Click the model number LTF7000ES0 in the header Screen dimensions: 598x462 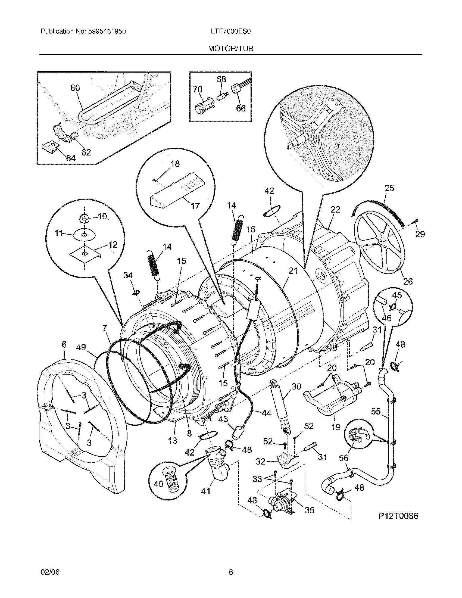coord(231,32)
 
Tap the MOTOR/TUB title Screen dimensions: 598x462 coord(231,49)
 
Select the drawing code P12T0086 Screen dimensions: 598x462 coord(398,516)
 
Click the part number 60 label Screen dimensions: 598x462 coord(75,88)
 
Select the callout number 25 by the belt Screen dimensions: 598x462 coord(389,188)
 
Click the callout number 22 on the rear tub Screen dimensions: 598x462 coord(335,210)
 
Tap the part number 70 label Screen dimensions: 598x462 coord(198,89)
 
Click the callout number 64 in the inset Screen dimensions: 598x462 coord(71,158)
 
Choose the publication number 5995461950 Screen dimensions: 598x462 coord(107,32)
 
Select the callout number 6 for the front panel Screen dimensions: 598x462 coord(64,344)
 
